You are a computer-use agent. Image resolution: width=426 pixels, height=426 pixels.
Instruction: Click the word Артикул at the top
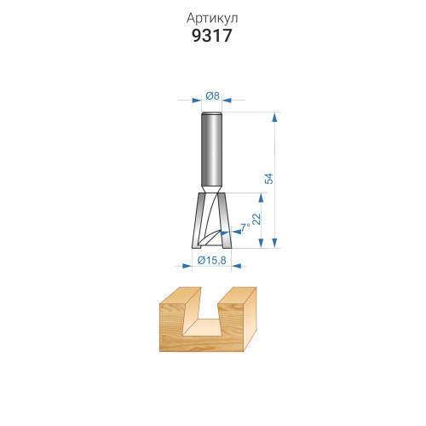[212, 19]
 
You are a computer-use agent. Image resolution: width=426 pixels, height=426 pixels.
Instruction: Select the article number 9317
[212, 36]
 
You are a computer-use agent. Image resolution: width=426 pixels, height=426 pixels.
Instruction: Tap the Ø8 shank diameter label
[212, 96]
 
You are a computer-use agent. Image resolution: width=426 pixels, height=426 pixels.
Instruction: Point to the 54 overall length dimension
[268, 178]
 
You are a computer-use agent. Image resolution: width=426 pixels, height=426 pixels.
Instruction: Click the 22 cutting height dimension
[256, 219]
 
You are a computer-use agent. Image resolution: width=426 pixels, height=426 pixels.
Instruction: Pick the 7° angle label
[245, 227]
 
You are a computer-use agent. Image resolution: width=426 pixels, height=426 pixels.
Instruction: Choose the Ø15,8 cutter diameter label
[212, 260]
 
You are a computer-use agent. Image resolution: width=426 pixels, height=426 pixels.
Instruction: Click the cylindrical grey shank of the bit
[211, 150]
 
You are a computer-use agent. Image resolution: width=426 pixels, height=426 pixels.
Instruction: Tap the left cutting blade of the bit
[198, 221]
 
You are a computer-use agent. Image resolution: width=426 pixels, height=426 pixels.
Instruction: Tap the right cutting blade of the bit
[225, 221]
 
